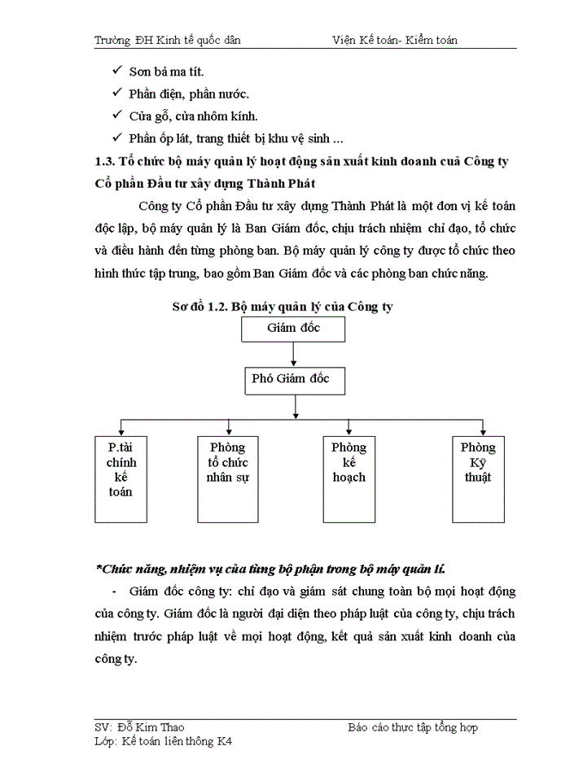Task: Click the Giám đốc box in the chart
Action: click(x=293, y=329)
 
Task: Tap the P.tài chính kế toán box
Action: click(x=121, y=479)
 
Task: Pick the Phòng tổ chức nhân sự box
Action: click(x=227, y=479)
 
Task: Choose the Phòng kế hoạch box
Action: click(x=349, y=479)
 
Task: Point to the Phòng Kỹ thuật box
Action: click(x=477, y=479)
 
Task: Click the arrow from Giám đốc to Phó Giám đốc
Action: click(x=293, y=355)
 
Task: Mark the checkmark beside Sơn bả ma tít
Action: click(x=117, y=72)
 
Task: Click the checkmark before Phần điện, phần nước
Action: click(x=117, y=94)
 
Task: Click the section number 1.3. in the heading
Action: click(x=107, y=161)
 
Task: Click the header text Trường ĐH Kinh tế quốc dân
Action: click(x=167, y=39)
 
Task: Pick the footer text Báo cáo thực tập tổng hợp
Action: click(x=412, y=727)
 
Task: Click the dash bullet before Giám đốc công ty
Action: click(x=113, y=591)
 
